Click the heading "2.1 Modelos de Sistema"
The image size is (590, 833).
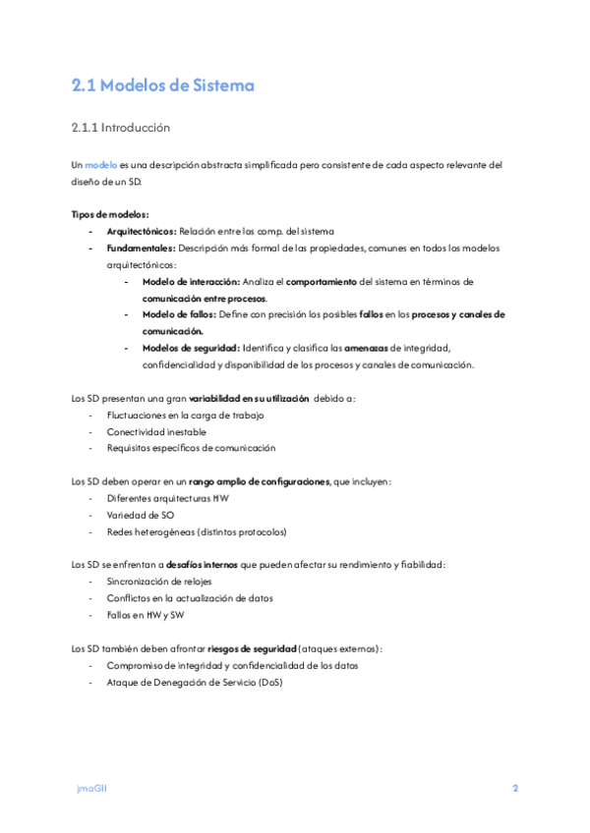coord(163,85)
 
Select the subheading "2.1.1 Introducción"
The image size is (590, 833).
coord(121,128)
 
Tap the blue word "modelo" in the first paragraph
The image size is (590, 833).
coord(101,165)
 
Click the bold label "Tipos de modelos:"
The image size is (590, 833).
coord(110,214)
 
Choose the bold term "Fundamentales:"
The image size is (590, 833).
coord(141,248)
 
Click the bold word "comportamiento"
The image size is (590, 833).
coord(322,281)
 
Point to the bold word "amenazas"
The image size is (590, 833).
coord(367,348)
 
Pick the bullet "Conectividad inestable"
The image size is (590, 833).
coord(157,431)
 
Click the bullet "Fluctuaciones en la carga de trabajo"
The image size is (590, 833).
coord(186,415)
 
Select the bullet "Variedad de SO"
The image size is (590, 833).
coord(141,515)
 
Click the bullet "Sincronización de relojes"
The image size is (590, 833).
coord(160,582)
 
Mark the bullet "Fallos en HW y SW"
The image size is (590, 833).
coord(148,615)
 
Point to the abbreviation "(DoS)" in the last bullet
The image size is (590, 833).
coord(265,682)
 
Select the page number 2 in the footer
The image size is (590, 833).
coord(514,789)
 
